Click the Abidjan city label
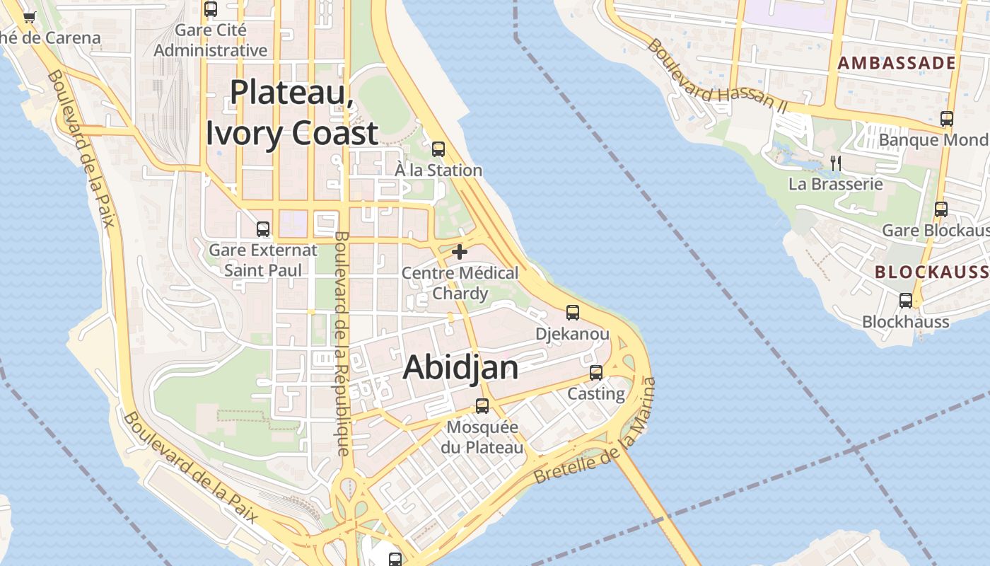[460, 368]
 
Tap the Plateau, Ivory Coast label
[292, 112]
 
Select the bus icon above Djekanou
[573, 312]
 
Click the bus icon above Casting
[596, 372]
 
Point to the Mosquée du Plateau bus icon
[482, 406]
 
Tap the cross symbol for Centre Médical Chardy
[460, 251]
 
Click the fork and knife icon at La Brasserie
[836, 163]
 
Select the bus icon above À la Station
[438, 149]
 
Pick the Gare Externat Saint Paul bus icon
[263, 229]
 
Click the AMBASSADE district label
[897, 63]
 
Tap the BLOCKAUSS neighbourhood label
[931, 272]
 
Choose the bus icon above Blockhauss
[906, 301]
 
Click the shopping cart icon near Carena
[29, 18]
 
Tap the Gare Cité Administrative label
[211, 40]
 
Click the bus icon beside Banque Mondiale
[947, 119]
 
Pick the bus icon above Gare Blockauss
[940, 209]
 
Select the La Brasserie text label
[836, 184]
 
